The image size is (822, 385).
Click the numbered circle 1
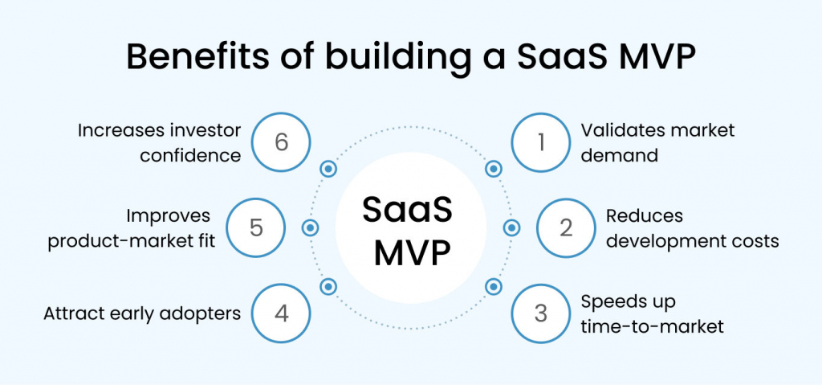pyautogui.click(x=541, y=142)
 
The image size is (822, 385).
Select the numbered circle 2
pyautogui.click(x=566, y=227)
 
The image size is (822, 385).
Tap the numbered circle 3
pyautogui.click(x=541, y=313)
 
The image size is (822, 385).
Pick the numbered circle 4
pyautogui.click(x=281, y=313)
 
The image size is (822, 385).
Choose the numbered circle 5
pyautogui.click(x=256, y=227)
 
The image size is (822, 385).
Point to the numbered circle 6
pyautogui.click(x=281, y=142)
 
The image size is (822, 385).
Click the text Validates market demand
pyautogui.click(x=658, y=142)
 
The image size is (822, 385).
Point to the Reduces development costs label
pyautogui.click(x=692, y=227)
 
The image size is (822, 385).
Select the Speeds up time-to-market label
pyautogui.click(x=652, y=313)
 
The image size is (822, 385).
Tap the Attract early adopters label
pyautogui.click(x=142, y=313)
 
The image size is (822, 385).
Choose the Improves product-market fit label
pyautogui.click(x=132, y=227)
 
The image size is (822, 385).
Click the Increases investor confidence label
pyautogui.click(x=159, y=142)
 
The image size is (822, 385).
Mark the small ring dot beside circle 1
pyautogui.click(x=494, y=169)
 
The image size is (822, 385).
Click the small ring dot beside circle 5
pyautogui.click(x=311, y=227)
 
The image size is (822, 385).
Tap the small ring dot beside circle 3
pyautogui.click(x=494, y=286)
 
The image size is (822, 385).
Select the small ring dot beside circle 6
pyautogui.click(x=328, y=169)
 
